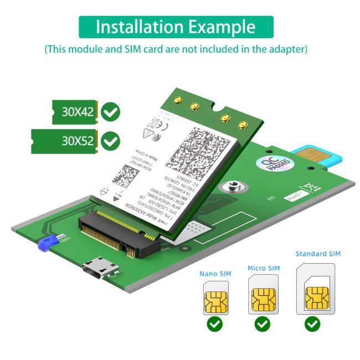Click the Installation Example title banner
click(x=176, y=27)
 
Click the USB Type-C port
click(x=100, y=269)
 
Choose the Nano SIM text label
click(x=215, y=274)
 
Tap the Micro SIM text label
click(x=263, y=268)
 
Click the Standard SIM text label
click(x=318, y=254)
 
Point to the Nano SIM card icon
click(x=215, y=299)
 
